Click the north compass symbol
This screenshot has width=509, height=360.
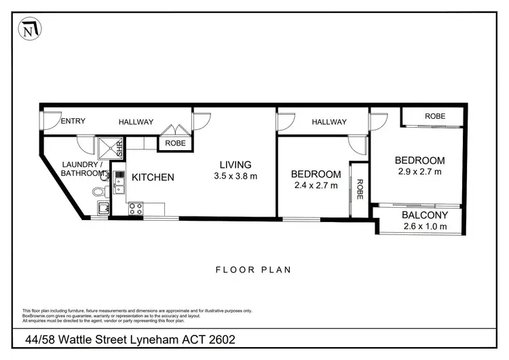[30, 29]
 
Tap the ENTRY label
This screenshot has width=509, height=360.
[73, 122]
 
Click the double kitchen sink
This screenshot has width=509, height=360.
[119, 181]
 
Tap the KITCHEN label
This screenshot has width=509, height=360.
[153, 177]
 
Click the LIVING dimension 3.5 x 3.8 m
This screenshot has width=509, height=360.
[235, 177]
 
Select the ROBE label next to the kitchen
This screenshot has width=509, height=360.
[175, 143]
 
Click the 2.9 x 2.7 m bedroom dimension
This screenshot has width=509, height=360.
[420, 172]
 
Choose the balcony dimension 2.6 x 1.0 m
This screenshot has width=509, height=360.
[424, 226]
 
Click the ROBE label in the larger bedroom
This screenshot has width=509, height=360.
[435, 116]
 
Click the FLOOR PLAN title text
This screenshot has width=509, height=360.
[253, 270]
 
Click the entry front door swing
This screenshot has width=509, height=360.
[49, 120]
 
